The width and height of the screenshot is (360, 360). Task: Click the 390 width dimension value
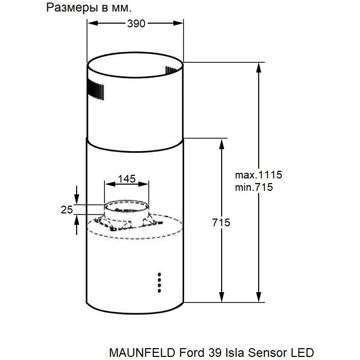(135, 23)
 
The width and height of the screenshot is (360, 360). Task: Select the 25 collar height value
(66, 210)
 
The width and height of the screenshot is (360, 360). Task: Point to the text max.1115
(258, 174)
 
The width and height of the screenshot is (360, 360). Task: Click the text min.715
(254, 187)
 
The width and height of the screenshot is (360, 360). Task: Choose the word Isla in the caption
(237, 353)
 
